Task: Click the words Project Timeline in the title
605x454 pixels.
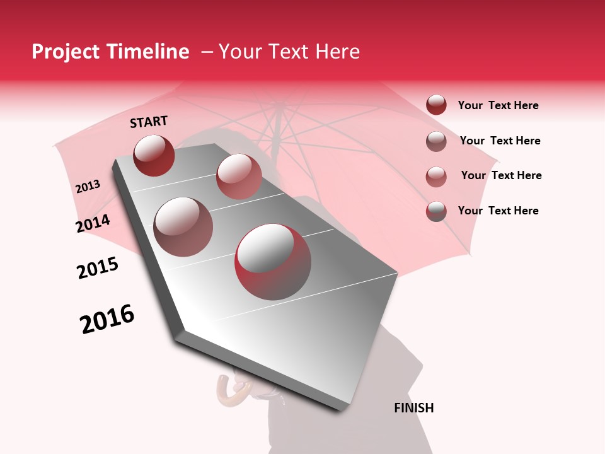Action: pos(110,52)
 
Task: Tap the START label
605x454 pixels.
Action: pos(149,122)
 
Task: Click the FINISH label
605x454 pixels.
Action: pos(413,408)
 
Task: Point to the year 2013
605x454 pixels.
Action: pos(88,187)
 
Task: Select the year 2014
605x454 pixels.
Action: pos(93,224)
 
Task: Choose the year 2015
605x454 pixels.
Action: pos(98,268)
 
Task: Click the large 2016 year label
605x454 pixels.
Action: pos(107,319)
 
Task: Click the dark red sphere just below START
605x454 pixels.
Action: pos(154,155)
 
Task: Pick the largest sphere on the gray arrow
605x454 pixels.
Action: pos(273,262)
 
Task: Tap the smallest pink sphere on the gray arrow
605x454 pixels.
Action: pos(239,177)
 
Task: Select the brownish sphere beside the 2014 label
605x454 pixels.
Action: pos(183,227)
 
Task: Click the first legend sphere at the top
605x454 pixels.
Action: pos(436,105)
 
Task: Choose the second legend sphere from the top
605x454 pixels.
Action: pos(436,141)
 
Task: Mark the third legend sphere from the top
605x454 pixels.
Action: pos(436,177)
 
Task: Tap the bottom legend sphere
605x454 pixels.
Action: pos(436,211)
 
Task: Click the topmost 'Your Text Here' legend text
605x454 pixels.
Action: pos(498,106)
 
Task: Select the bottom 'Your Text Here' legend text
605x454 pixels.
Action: pos(498,211)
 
